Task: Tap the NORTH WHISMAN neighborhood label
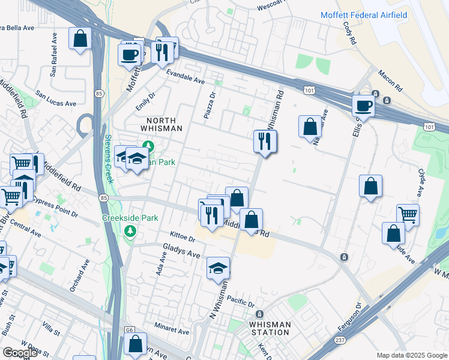coord(161,124)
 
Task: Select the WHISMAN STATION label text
coord(270,329)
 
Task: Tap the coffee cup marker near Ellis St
coord(363,107)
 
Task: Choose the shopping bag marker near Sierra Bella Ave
coord(80,40)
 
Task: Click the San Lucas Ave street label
coord(56,99)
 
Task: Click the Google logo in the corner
coord(20,353)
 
